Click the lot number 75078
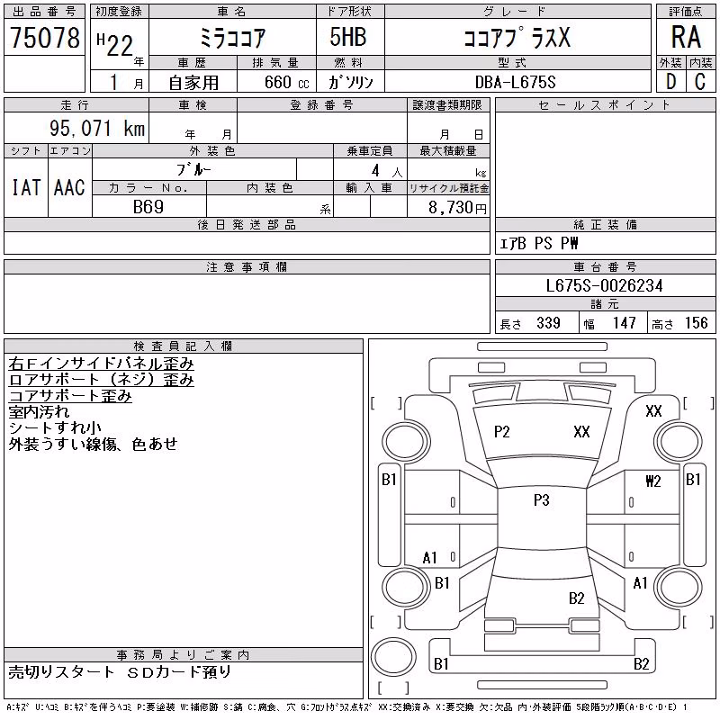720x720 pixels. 45,37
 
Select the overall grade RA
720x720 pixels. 686,37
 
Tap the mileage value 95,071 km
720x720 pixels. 97,128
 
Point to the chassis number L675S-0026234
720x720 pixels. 604,285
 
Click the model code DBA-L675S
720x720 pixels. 515,82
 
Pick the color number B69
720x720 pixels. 148,207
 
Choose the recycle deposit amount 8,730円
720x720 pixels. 457,208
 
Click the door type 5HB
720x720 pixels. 348,37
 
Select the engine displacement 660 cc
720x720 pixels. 286,82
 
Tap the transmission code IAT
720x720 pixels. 26,187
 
